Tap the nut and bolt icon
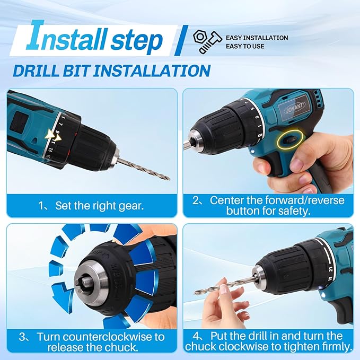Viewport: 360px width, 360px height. pos(206,41)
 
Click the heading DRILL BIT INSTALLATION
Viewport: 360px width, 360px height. pos(112,71)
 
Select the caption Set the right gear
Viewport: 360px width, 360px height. pos(91,205)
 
